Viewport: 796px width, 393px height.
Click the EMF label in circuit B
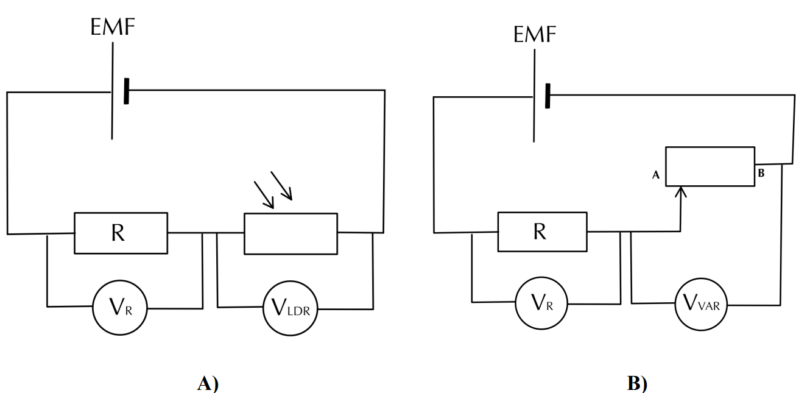pyautogui.click(x=535, y=35)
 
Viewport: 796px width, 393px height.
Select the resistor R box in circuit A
pyautogui.click(x=121, y=233)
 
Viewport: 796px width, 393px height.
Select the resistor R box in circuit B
pyautogui.click(x=542, y=232)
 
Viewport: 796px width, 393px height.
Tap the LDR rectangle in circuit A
pyautogui.click(x=291, y=233)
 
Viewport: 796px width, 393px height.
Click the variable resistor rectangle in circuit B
pyautogui.click(x=710, y=166)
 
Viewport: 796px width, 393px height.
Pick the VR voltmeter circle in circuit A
pyautogui.click(x=120, y=308)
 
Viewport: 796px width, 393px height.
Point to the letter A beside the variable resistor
pyautogui.click(x=656, y=175)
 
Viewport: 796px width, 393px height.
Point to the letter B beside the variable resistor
pyautogui.click(x=761, y=173)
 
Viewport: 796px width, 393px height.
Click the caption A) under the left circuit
pyautogui.click(x=208, y=383)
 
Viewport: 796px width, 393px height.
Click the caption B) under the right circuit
pyautogui.click(x=637, y=384)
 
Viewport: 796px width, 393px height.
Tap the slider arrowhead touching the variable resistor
pyautogui.click(x=682, y=191)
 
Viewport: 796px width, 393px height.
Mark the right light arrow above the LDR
pyautogui.click(x=281, y=185)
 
